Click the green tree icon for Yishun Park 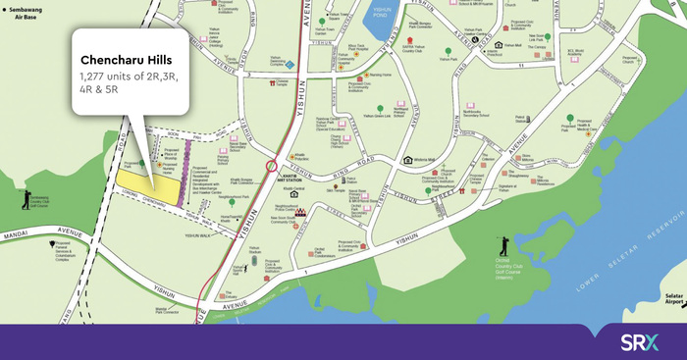448,51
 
